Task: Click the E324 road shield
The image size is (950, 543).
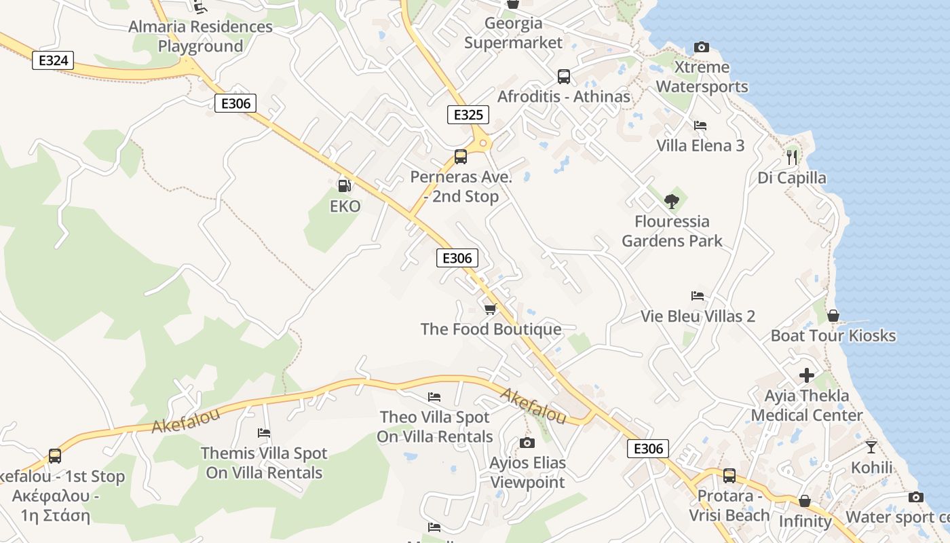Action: tap(53, 60)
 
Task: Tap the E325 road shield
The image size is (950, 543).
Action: tap(468, 115)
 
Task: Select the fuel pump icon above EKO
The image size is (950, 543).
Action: tap(344, 185)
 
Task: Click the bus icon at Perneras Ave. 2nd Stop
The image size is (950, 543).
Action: tap(461, 157)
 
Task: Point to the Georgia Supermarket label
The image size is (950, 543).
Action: tap(514, 33)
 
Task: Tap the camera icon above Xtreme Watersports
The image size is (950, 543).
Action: tap(702, 47)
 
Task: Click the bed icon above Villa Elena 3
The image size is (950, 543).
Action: tap(700, 126)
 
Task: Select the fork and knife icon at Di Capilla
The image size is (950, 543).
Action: tap(792, 157)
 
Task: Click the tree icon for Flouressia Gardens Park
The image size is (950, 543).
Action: tap(672, 201)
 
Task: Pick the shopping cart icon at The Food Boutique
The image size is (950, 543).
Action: tap(490, 309)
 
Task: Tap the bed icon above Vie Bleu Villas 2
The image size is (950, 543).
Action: tap(698, 296)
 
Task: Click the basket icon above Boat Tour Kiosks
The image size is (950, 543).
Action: tap(833, 316)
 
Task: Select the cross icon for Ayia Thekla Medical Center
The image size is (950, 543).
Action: tap(806, 375)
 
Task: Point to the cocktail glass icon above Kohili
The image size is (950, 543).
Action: tap(871, 447)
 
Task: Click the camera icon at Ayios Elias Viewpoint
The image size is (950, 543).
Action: tap(527, 443)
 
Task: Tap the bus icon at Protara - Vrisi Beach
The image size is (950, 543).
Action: tap(729, 476)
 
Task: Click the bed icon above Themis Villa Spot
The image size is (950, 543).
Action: tap(264, 433)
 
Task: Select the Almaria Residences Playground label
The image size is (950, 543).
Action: tap(200, 37)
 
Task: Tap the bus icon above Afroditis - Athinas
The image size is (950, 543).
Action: tap(564, 77)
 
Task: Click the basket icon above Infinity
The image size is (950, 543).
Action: tap(805, 501)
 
